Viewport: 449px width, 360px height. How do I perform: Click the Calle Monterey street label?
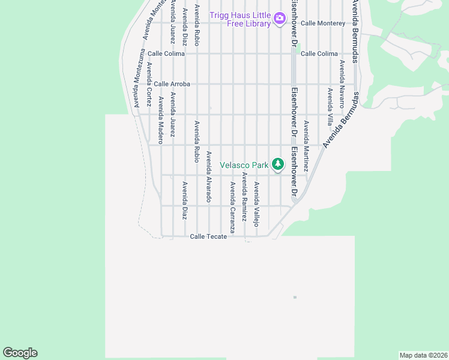pos(323,23)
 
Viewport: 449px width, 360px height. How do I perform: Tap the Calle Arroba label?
pos(172,84)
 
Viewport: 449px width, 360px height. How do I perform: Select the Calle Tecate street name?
pos(208,236)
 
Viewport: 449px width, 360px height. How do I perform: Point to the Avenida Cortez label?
pos(148,80)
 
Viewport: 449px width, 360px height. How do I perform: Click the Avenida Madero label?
pos(160,120)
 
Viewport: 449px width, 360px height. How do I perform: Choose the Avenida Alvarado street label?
pos(209,176)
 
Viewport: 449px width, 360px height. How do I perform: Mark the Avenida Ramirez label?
pos(244,197)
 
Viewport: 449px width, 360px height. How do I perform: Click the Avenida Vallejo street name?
pos(256,204)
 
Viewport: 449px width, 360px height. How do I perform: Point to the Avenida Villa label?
pos(330,106)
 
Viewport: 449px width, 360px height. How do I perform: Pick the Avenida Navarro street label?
pos(342,83)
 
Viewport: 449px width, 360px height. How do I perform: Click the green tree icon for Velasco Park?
pos(277,163)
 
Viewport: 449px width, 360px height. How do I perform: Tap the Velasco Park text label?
pos(244,164)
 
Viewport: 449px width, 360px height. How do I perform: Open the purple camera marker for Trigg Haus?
pos(279,19)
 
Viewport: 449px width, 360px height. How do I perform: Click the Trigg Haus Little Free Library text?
pos(240,19)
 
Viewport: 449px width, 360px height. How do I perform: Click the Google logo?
pos(20,353)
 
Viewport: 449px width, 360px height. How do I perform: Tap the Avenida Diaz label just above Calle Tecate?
pos(185,200)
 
